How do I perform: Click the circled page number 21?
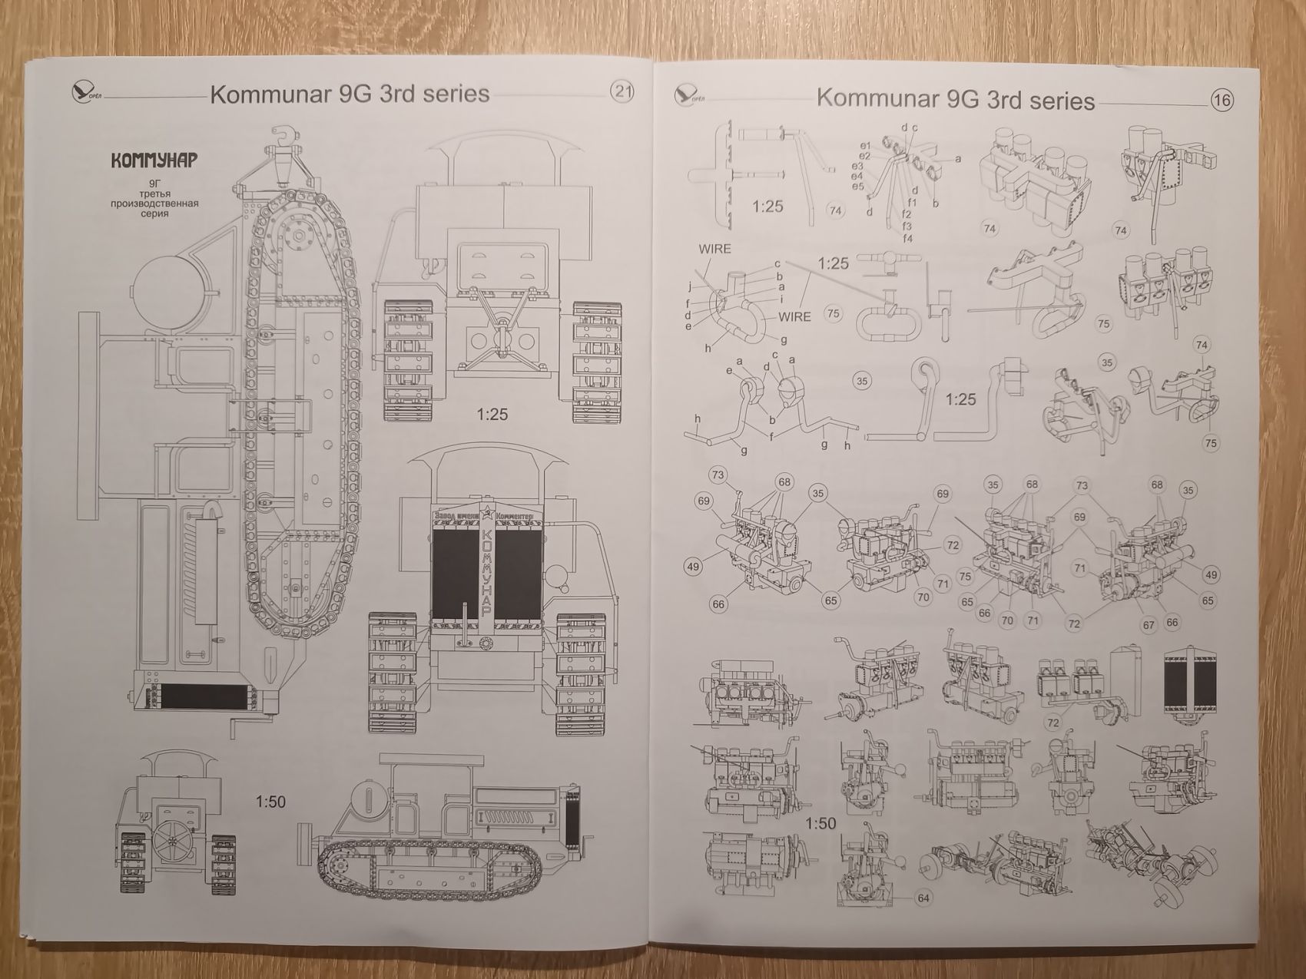pyautogui.click(x=622, y=92)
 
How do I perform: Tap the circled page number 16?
pyautogui.click(x=1221, y=100)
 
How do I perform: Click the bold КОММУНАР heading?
pyautogui.click(x=154, y=160)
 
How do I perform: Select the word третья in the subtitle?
pyautogui.click(x=154, y=193)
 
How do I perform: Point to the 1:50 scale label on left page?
pyautogui.click(x=270, y=802)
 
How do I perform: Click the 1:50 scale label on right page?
pyautogui.click(x=820, y=823)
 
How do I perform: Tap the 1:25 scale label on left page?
pyautogui.click(x=492, y=415)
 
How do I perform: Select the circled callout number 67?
pyautogui.click(x=1149, y=625)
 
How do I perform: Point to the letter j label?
pyautogui.click(x=691, y=287)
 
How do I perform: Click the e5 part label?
pyautogui.click(x=857, y=186)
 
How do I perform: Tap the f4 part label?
pyautogui.click(x=908, y=238)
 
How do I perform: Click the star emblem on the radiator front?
pyautogui.click(x=485, y=514)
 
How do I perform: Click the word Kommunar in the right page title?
pyautogui.click(x=879, y=98)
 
